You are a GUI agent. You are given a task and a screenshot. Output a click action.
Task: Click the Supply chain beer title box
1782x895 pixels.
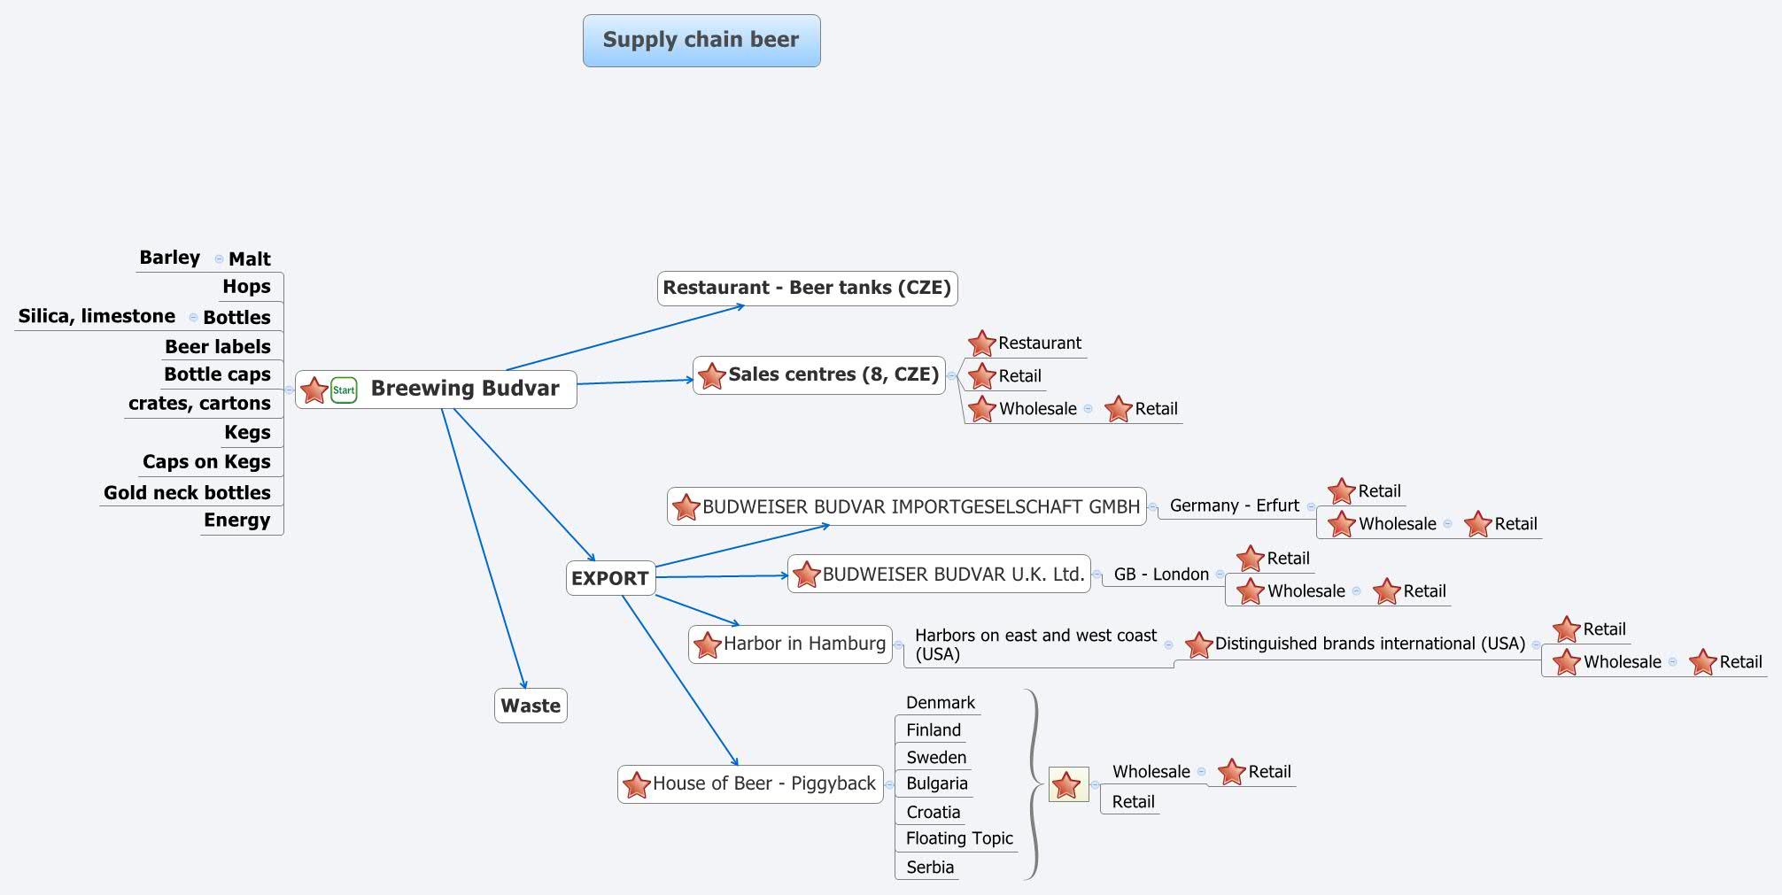point(701,41)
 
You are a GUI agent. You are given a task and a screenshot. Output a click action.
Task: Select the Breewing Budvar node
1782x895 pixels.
point(464,389)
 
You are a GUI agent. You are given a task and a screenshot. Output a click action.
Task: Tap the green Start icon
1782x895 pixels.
point(344,390)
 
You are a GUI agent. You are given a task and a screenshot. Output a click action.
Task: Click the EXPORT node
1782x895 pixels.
point(609,578)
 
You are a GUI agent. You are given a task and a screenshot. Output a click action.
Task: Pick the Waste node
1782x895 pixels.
point(530,706)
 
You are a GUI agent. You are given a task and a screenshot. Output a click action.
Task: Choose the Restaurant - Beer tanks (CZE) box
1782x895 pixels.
point(806,288)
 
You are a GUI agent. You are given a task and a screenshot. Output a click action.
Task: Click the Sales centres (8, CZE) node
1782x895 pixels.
point(833,374)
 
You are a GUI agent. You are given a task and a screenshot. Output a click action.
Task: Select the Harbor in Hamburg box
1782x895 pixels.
point(803,644)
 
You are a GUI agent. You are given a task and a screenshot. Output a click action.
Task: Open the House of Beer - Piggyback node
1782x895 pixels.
point(763,783)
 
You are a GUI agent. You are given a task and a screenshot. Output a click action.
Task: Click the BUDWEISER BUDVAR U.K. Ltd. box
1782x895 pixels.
point(952,574)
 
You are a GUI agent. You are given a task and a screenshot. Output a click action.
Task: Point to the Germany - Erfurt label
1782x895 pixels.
point(1234,505)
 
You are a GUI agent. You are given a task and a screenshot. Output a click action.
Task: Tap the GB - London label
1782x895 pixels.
point(1160,575)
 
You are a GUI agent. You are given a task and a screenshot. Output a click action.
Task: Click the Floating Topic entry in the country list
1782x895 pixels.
point(958,838)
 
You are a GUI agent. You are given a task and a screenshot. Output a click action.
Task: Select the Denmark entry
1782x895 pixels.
point(940,703)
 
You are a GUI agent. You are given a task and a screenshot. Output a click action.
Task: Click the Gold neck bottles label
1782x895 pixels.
point(187,492)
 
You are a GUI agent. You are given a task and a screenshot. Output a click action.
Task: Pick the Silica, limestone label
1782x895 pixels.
point(97,316)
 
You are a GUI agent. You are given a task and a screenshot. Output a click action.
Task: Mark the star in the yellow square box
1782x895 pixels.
point(1067,784)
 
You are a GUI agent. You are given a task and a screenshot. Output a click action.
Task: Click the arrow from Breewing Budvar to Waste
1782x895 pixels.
point(483,549)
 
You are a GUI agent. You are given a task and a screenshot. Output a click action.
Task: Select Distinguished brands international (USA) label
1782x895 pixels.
point(1368,644)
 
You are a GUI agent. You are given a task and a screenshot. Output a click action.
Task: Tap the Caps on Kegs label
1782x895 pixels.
point(206,462)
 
